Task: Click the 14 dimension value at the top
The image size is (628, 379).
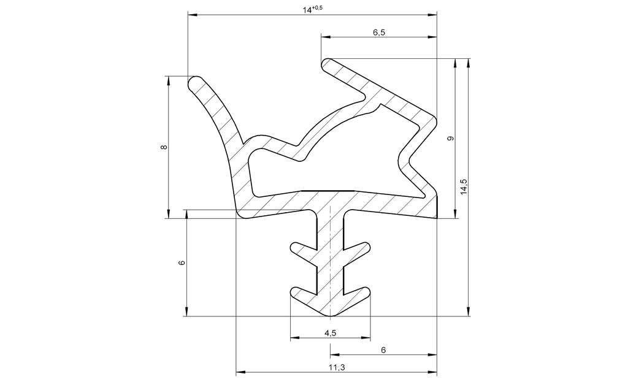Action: click(307, 10)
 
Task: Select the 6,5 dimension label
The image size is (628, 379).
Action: click(378, 33)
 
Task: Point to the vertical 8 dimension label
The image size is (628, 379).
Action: click(163, 147)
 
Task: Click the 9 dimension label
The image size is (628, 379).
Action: click(450, 139)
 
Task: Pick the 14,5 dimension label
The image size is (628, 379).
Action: click(464, 186)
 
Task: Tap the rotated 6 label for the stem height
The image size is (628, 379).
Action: click(182, 263)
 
